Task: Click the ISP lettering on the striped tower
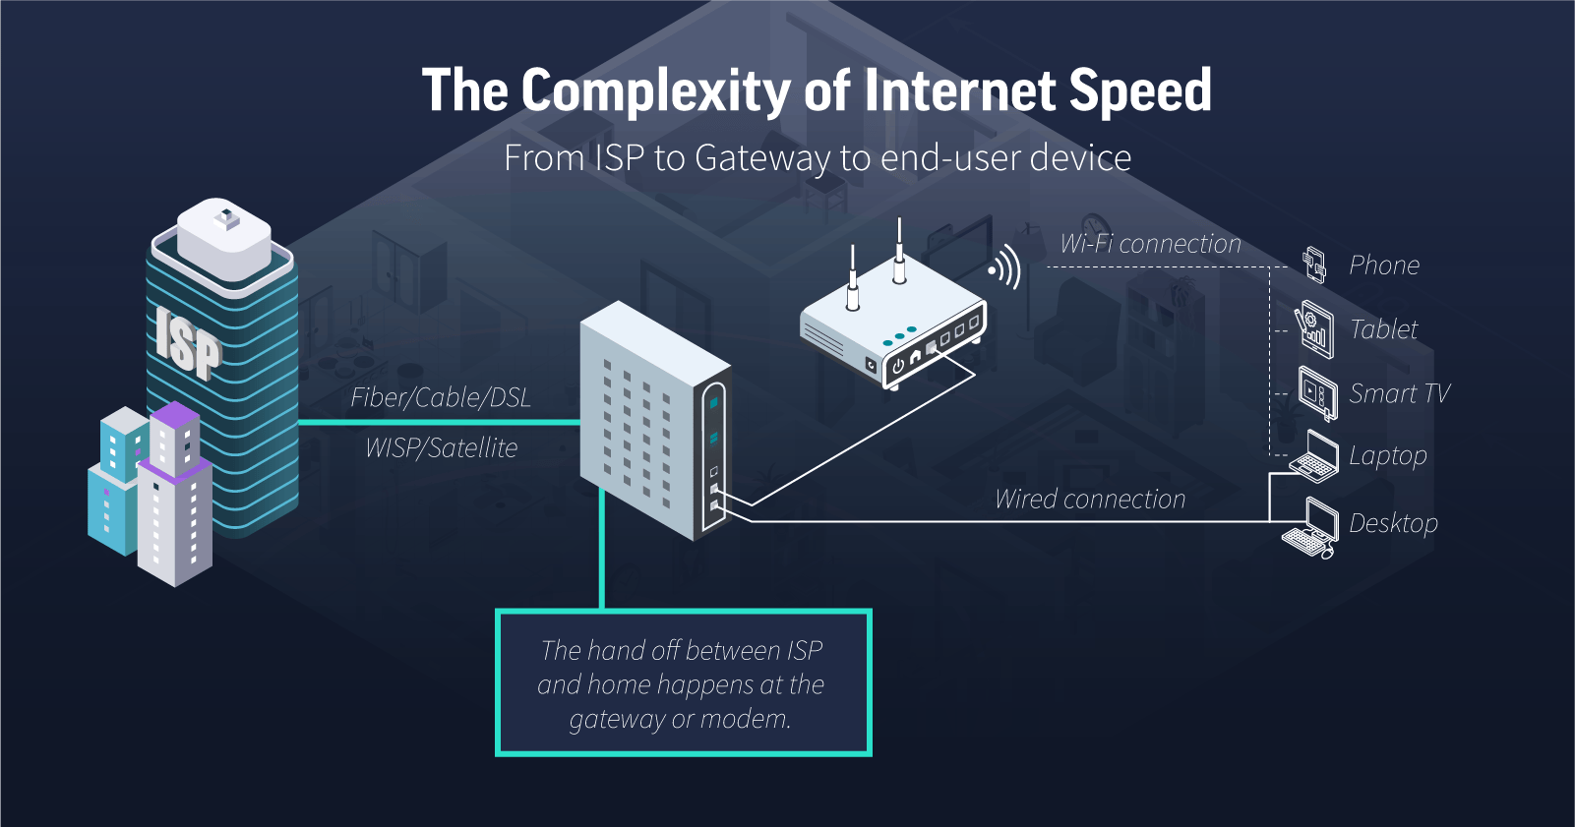coord(187,341)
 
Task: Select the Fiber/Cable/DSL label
coord(441,397)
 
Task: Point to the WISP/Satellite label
coord(441,448)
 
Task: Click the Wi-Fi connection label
coord(1150,244)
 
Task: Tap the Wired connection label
coord(1090,500)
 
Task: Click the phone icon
coord(1313,265)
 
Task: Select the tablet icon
coord(1315,328)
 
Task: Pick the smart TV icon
coord(1317,393)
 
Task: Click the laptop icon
coord(1315,457)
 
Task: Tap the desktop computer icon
coord(1311,527)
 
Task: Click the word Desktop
coord(1393,523)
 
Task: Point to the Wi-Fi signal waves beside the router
coord(1005,267)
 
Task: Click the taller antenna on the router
coord(899,251)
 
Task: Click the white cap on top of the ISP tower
coord(224,238)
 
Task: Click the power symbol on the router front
coord(898,365)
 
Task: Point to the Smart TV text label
coord(1399,393)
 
